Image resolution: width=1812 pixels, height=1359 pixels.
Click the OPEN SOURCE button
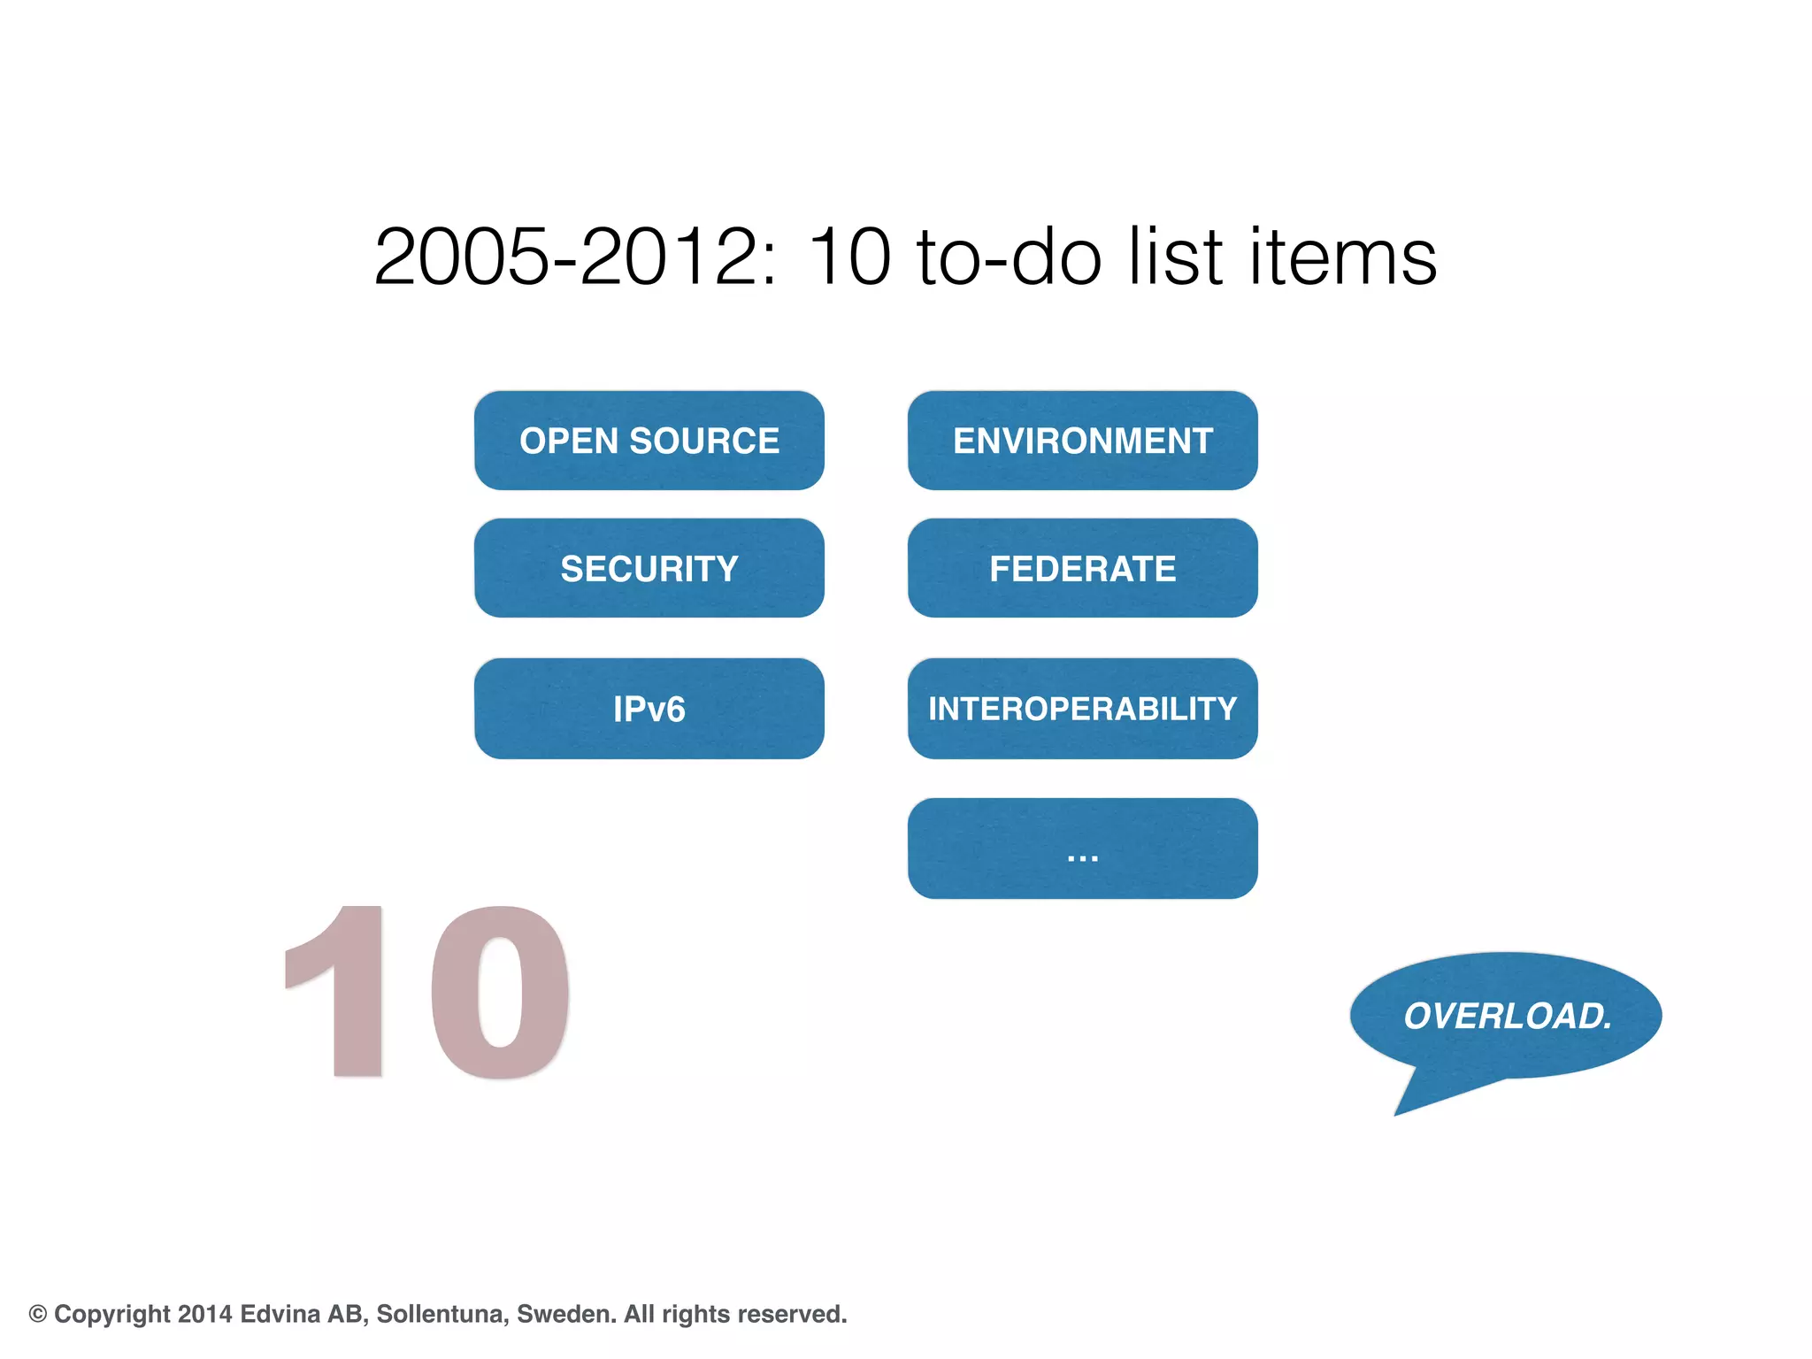649,441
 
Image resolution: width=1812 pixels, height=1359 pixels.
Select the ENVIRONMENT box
1082,441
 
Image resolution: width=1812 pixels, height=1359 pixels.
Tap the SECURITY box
649,568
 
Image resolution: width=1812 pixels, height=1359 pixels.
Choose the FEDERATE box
1082,568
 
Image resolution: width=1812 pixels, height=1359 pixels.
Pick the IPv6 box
649,709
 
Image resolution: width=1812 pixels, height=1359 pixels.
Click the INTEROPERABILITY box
1082,709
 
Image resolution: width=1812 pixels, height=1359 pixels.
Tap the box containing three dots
1082,849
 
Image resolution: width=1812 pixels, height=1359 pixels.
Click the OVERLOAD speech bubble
1507,1016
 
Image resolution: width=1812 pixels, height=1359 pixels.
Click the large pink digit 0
501,991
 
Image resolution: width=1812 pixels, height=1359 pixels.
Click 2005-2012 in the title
575,257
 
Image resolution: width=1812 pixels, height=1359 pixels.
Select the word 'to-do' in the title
1009,257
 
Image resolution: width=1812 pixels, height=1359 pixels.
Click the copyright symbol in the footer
38,1314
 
